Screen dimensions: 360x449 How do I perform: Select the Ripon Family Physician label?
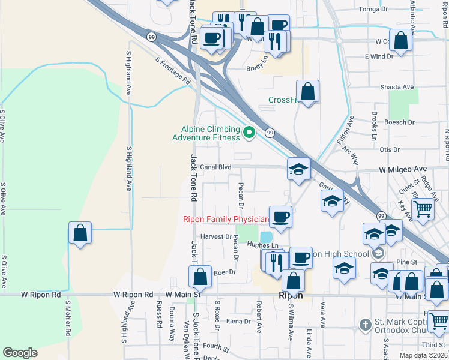tap(225, 220)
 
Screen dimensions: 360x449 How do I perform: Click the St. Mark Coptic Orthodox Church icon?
tap(364, 325)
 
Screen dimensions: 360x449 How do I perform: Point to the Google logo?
tap(20, 353)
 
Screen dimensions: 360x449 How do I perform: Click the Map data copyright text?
tap(423, 355)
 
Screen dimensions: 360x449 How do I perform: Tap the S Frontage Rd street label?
tap(173, 70)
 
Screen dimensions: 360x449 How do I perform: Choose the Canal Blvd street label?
tap(215, 167)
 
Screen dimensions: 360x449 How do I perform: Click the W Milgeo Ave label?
tap(403, 170)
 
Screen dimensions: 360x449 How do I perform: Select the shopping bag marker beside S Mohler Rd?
tap(80, 233)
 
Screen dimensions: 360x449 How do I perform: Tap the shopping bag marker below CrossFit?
tap(307, 92)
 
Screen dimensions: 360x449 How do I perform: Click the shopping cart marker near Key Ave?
tap(423, 211)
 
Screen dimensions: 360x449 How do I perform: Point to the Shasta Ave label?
tap(397, 87)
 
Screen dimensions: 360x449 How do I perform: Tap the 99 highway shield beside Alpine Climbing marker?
tap(270, 133)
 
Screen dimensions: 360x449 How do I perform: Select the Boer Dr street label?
tap(223, 272)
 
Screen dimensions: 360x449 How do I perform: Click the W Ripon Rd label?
tap(41, 295)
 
